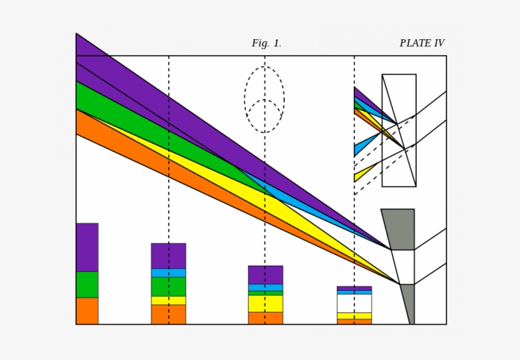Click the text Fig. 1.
pyautogui.click(x=266, y=44)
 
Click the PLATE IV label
pyautogui.click(x=422, y=44)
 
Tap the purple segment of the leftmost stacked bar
pyautogui.click(x=87, y=247)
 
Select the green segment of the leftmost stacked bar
pyautogui.click(x=87, y=285)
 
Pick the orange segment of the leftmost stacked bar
pyautogui.click(x=87, y=311)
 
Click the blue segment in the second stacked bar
pyautogui.click(x=168, y=273)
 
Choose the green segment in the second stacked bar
pyautogui.click(x=168, y=286)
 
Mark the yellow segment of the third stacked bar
pyautogui.click(x=265, y=304)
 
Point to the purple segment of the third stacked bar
pyautogui.click(x=265, y=275)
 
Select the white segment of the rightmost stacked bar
pyautogui.click(x=354, y=303)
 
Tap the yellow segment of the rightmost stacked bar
pyautogui.click(x=354, y=316)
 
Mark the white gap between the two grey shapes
pyautogui.click(x=403, y=267)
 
